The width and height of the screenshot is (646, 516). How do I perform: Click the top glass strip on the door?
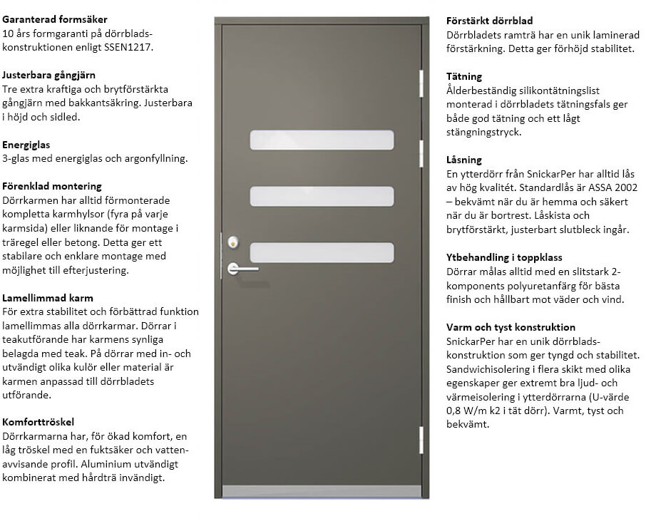tap(322, 140)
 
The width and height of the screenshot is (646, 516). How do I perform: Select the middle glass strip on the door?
tap(322, 196)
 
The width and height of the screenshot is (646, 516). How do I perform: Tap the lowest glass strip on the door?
tap(322, 252)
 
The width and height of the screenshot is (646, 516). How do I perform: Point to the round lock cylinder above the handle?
tap(233, 242)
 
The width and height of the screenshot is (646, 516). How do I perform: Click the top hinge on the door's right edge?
tap(422, 81)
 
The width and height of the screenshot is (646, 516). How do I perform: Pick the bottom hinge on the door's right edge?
tap(422, 439)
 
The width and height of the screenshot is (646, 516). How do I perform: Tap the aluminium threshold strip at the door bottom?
tap(322, 491)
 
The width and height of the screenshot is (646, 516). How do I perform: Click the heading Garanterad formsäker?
tap(55, 19)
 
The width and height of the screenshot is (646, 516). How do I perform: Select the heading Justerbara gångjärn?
tap(49, 75)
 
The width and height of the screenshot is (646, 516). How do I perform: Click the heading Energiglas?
tap(26, 145)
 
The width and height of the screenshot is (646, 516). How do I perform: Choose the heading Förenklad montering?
tap(52, 187)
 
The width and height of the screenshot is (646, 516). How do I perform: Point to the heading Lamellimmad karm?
tap(48, 298)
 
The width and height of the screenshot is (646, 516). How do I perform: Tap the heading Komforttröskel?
tap(39, 422)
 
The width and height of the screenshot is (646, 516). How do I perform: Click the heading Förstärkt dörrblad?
tap(489, 21)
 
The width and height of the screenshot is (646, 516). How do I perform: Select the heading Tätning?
tap(464, 76)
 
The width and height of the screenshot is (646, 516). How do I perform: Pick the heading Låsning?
tap(464, 160)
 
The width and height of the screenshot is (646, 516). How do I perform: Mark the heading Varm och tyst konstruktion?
tap(511, 326)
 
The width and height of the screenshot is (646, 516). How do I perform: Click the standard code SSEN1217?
tap(130, 47)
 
